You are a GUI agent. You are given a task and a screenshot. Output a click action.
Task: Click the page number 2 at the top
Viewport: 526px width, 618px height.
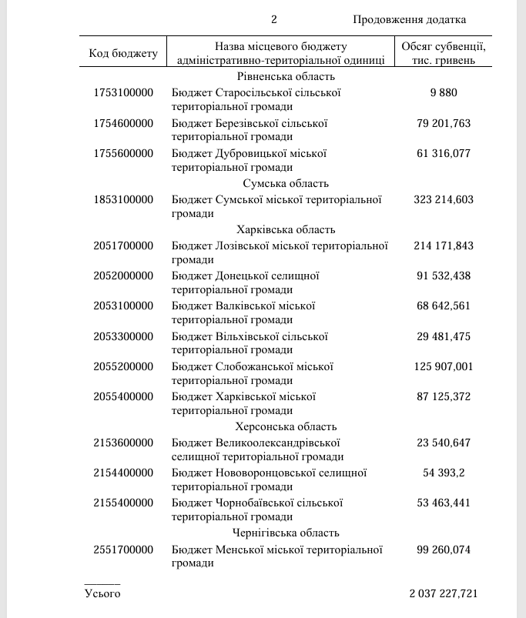click(273, 19)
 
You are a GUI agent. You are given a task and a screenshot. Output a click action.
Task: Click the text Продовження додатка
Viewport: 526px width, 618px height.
click(410, 19)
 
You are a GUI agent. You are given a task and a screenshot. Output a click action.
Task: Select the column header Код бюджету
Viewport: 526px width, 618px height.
click(123, 53)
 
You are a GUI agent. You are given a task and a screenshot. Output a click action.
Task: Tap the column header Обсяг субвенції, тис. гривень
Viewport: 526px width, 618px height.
click(444, 53)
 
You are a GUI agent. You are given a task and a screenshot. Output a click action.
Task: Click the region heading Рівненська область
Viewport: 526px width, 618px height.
click(286, 76)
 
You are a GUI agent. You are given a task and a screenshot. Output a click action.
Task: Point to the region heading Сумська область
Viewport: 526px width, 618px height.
click(286, 183)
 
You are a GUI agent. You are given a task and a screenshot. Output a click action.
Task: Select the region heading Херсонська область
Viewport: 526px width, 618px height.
click(286, 426)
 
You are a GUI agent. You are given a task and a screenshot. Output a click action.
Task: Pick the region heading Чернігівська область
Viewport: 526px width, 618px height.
click(286, 533)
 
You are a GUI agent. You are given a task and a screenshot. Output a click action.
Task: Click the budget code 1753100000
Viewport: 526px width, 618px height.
click(123, 92)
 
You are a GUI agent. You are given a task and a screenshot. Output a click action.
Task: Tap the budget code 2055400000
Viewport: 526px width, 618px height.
click(123, 396)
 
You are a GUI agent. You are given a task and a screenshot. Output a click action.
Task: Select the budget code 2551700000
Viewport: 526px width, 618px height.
click(123, 550)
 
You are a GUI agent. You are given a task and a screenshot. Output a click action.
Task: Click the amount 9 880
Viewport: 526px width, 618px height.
click(444, 92)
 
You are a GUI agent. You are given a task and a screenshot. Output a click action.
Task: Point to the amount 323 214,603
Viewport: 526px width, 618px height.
click(444, 199)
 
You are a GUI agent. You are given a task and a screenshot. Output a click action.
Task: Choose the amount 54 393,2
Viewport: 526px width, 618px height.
click(444, 473)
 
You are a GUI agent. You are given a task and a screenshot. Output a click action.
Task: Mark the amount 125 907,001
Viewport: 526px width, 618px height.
click(444, 366)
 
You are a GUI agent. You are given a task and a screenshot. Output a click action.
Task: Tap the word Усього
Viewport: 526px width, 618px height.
click(102, 593)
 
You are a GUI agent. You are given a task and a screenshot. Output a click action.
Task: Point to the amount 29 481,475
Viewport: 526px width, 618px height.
click(444, 336)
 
